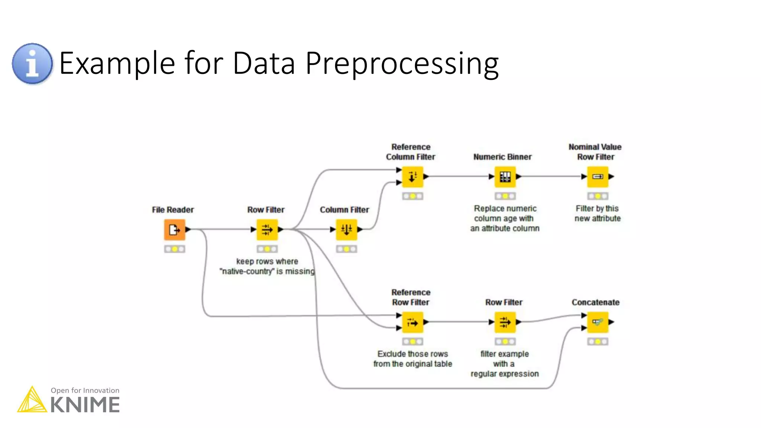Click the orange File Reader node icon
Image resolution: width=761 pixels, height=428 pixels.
coord(174,230)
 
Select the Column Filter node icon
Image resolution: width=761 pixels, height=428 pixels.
coord(346,230)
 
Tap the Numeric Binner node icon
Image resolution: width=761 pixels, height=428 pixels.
coord(505,177)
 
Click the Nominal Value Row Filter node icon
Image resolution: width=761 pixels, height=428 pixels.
coord(598,177)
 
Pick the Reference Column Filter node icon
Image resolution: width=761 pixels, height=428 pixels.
coord(412,177)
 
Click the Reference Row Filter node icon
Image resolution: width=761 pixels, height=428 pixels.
coord(412,322)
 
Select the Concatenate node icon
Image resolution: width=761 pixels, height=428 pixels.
coord(598,322)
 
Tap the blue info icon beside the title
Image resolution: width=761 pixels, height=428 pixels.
coord(32,64)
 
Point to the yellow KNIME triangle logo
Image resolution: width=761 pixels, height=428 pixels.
coord(32,401)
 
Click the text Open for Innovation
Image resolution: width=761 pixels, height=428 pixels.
coord(85,390)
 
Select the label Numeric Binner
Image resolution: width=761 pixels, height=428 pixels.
coord(502,157)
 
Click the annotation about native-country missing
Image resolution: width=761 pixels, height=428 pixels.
coord(267,266)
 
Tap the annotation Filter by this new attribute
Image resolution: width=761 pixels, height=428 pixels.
coord(597,213)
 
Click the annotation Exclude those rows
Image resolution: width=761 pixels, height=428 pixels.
coord(412,359)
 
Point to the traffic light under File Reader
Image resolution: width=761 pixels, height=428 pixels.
coord(174,249)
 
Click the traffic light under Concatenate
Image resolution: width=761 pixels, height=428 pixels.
coord(598,341)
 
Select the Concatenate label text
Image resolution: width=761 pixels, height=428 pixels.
coord(595,302)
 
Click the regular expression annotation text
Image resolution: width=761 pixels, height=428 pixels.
coord(504,364)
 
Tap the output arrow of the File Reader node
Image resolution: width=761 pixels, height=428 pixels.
coord(188,230)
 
